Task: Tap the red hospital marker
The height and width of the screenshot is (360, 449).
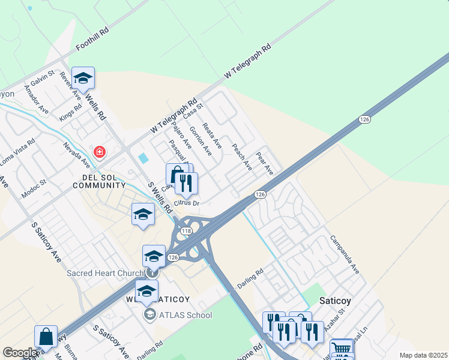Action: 99,152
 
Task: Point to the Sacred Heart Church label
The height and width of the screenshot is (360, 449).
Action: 106,273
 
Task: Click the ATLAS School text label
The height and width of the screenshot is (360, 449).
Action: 185,314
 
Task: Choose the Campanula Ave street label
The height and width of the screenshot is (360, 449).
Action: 344,254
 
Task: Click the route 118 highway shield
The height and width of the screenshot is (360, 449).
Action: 186,230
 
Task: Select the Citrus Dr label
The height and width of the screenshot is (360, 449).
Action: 187,204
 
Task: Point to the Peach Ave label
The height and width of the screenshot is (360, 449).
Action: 242,156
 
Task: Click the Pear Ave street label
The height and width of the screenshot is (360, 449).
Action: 265,163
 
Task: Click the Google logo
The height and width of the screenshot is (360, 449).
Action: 20,353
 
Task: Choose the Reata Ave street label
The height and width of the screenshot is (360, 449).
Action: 212,136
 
